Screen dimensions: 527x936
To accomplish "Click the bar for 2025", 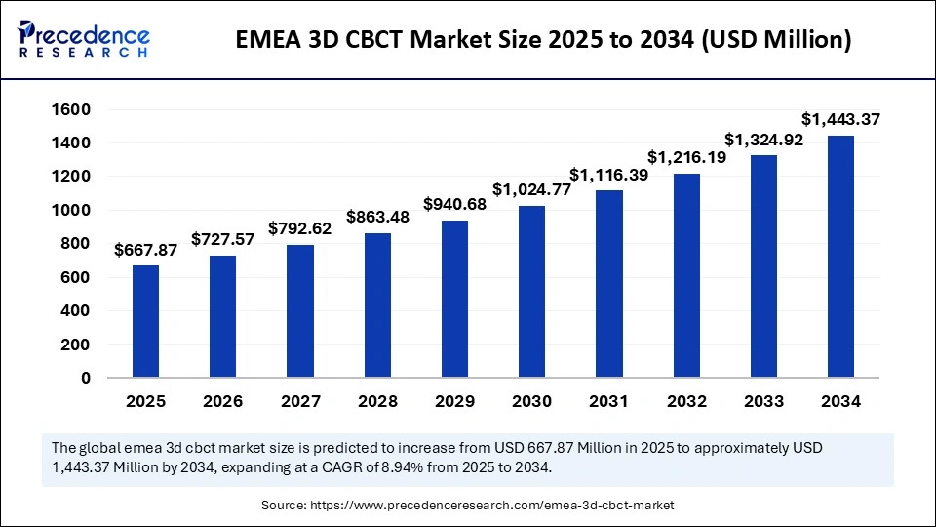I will pos(145,321).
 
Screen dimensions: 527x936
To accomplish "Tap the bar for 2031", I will pos(609,283).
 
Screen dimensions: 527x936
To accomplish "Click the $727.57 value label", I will pos(223,239).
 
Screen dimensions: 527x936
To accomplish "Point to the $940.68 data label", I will pos(454,204).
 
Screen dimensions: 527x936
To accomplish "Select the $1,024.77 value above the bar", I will pos(531,189).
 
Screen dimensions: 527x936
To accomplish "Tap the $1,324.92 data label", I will pos(763,139).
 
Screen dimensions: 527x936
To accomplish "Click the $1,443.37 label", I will pos(840,119).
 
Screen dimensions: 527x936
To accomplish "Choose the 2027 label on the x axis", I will pos(300,401).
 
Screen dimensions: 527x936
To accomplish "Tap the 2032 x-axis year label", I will pos(686,401).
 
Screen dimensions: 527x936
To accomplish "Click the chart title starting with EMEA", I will pos(543,40).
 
